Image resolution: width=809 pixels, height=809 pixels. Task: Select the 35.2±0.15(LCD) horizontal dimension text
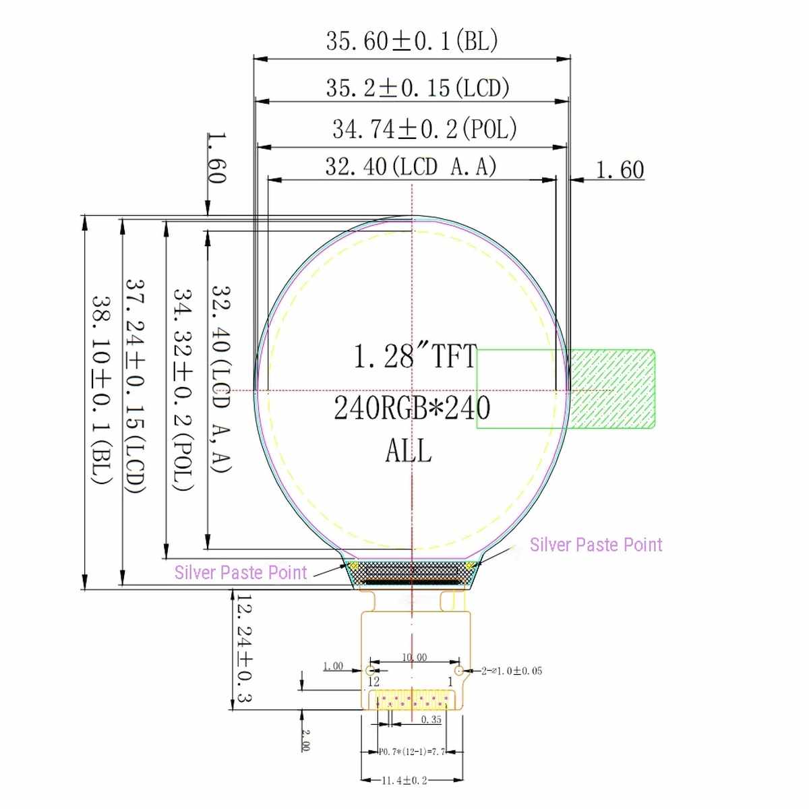[x=418, y=88]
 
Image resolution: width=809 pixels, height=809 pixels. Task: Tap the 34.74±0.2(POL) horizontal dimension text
[x=425, y=129]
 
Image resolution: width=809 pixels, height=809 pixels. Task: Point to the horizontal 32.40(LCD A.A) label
[x=411, y=167]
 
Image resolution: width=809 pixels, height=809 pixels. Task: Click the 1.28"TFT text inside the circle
[x=415, y=356]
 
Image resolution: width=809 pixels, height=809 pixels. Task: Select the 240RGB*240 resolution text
[x=412, y=408]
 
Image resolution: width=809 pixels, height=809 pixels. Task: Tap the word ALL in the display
[x=409, y=450]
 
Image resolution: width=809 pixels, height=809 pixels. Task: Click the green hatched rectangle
[x=611, y=389]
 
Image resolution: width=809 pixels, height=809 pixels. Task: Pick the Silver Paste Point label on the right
[x=596, y=545]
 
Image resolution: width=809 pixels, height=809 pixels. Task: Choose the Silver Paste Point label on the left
[x=241, y=572]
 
